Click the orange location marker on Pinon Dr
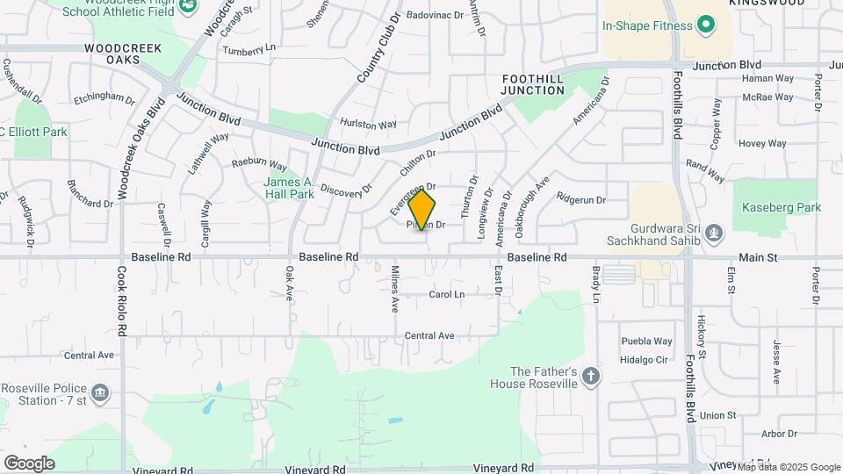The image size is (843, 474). [x=422, y=210]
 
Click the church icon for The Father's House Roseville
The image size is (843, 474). [x=591, y=377]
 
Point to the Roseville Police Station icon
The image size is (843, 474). [x=100, y=391]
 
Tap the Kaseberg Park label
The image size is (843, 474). [x=782, y=208]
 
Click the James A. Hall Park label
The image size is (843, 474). [x=290, y=188]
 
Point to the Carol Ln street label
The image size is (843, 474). [x=446, y=295]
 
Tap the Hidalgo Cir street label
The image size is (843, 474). [x=645, y=359]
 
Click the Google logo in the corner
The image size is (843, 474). [x=29, y=463]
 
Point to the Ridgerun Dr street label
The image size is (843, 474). [x=581, y=200]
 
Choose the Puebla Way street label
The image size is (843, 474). [x=646, y=341]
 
